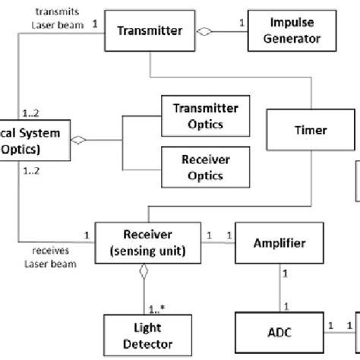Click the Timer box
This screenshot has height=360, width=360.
(310, 130)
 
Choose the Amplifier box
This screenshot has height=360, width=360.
(279, 243)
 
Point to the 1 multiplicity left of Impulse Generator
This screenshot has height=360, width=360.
(241, 22)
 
